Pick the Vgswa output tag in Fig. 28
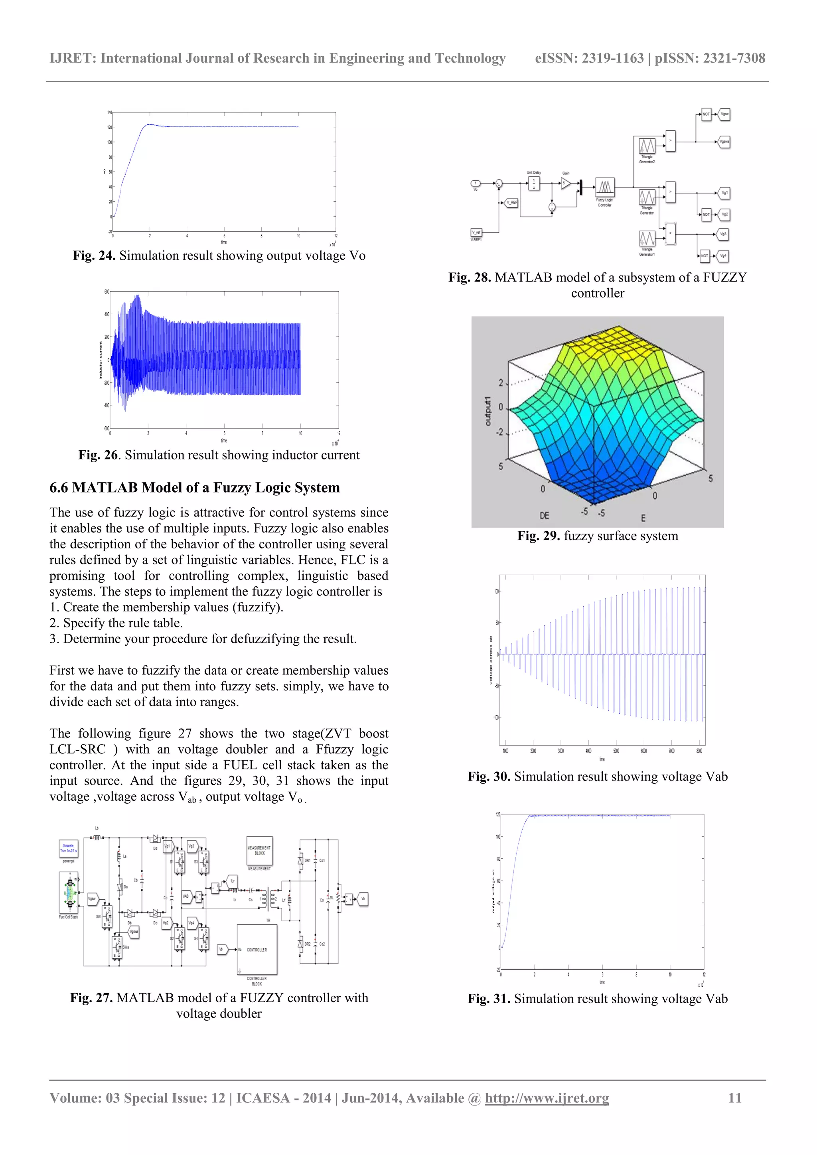click(724, 142)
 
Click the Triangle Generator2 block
click(646, 146)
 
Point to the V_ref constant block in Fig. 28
click(476, 233)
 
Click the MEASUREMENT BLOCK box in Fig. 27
click(260, 850)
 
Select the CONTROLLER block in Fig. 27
click(257, 950)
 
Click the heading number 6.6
click(59, 488)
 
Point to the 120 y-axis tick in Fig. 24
click(109, 127)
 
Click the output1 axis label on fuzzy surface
click(487, 411)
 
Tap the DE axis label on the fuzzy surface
click(544, 516)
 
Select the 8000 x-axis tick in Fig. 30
click(699, 751)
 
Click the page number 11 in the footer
click(735, 1098)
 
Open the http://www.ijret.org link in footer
click(547, 1098)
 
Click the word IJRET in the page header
click(71, 58)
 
